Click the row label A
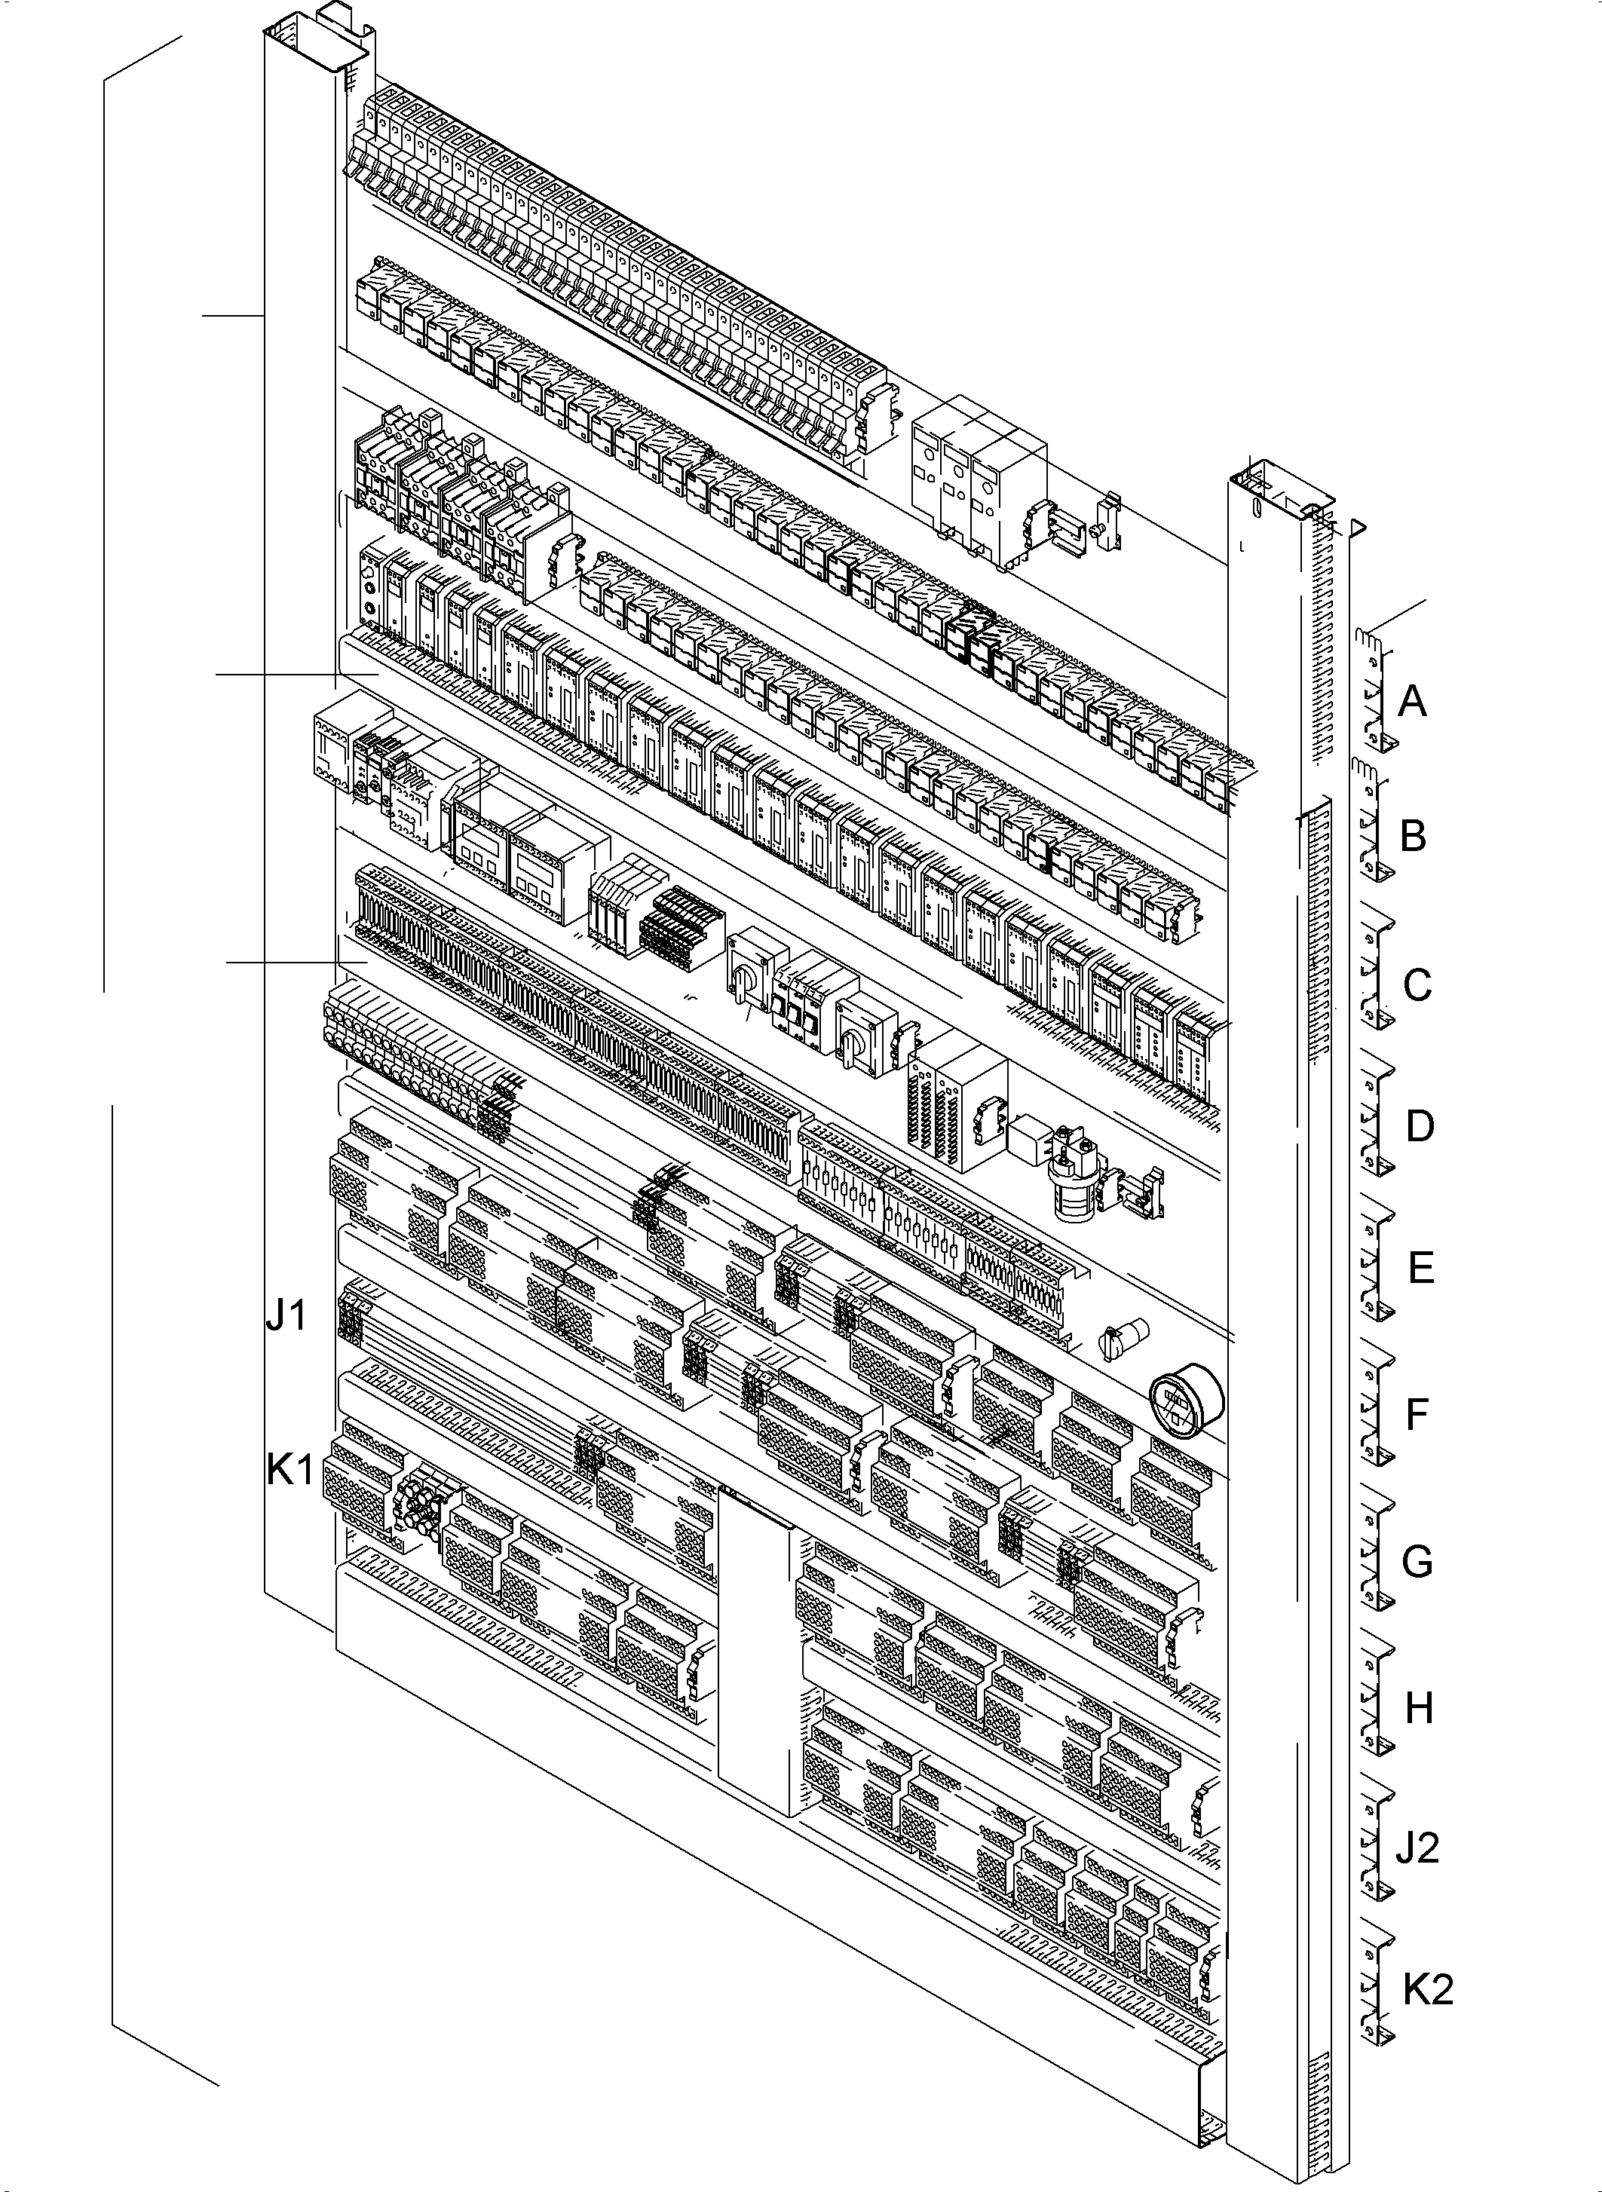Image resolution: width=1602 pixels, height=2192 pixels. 1412,700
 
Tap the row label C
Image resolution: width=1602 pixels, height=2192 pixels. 1417,985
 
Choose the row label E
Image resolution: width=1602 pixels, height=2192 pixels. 1420,1268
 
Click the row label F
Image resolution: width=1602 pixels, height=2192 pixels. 1417,1415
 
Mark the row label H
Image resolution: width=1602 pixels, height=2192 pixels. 1419,1708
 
